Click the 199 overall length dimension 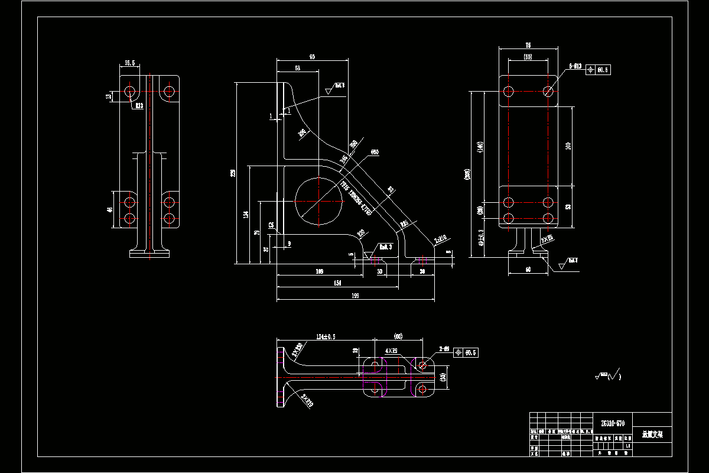pos(355,296)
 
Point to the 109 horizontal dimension pos(320,271)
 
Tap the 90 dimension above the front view pos(312,57)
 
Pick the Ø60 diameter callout pos(374,152)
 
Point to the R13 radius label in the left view pos(139,106)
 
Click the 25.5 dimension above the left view pos(130,63)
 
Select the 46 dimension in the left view pos(109,209)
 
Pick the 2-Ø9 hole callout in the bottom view pos(444,349)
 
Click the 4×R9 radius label pos(391,351)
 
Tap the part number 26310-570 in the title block pos(612,423)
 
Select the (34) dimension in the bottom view pos(443,377)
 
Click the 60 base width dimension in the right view pos(528,270)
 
